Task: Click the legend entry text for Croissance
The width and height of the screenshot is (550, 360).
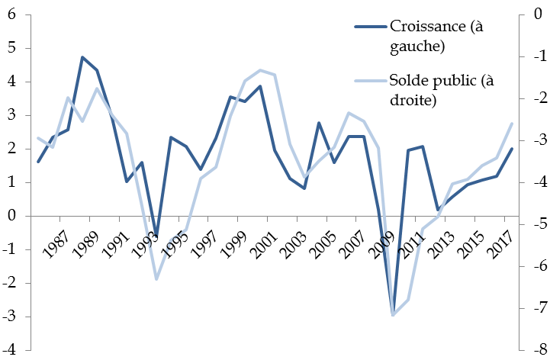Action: click(x=437, y=36)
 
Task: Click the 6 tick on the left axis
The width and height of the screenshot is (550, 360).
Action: click(x=12, y=14)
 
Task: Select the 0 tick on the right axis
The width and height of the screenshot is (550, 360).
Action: click(x=537, y=14)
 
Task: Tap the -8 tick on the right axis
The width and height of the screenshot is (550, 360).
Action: click(x=536, y=350)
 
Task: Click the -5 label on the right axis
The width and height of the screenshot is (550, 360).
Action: click(x=536, y=224)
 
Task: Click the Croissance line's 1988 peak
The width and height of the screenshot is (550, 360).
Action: click(x=82, y=57)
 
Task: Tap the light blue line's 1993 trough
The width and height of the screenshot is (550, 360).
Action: click(x=156, y=279)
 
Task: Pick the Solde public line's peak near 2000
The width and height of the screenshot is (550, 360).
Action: click(x=260, y=70)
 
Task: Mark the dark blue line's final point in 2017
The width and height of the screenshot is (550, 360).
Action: click(x=512, y=149)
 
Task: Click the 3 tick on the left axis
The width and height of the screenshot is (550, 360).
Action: click(x=12, y=115)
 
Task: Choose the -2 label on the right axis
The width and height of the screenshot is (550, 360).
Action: click(x=536, y=98)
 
